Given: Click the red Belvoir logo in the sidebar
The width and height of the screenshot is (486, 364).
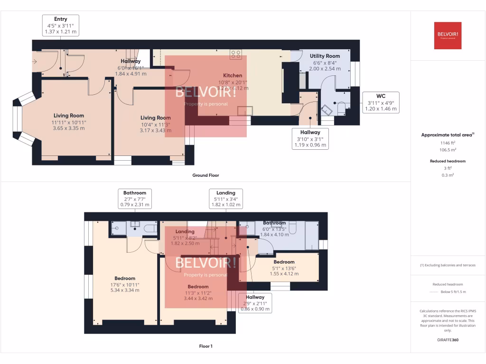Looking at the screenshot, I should (448, 36).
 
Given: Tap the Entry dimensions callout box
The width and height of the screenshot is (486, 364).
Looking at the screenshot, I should (60, 25).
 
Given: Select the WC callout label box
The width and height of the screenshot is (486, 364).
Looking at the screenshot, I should (381, 102).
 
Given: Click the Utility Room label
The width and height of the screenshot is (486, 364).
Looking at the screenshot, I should (325, 56).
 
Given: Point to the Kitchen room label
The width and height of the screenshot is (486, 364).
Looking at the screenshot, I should (233, 75).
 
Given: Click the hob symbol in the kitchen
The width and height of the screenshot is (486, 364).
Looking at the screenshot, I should (236, 55).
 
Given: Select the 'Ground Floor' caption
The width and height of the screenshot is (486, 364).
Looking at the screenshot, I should (206, 175).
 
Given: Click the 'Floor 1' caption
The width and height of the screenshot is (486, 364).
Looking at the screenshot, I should (206, 346).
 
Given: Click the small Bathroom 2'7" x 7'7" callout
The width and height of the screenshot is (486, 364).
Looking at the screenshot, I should (135, 199).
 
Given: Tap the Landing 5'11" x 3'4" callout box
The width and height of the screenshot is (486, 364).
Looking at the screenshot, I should (225, 199).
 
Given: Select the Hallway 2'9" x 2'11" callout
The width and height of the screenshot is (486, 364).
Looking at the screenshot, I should (255, 303).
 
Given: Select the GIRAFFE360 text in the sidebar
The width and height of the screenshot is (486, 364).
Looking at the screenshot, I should (448, 340).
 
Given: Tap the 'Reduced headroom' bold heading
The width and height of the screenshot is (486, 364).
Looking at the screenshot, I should (448, 161).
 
